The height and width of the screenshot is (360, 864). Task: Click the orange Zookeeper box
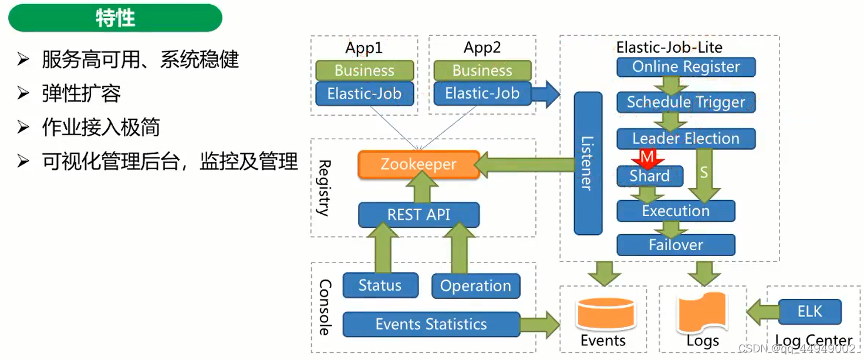pos(419,164)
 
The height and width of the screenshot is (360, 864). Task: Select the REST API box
pos(419,214)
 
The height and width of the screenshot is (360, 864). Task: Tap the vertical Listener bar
pos(588,163)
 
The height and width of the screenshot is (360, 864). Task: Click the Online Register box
pos(686,67)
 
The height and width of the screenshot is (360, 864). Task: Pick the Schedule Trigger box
pos(686,102)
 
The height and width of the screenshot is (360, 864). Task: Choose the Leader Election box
pos(686,139)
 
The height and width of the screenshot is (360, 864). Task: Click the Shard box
pos(650,176)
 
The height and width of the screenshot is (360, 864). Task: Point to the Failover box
pos(676,245)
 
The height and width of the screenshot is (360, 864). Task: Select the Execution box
pos(676,211)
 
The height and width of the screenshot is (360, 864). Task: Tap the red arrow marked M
pos(647,158)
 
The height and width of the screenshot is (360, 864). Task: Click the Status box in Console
pos(380,285)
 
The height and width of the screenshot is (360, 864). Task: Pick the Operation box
pos(475,286)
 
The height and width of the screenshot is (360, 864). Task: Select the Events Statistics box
pos(431,325)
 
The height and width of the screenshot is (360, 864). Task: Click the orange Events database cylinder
pos(605,314)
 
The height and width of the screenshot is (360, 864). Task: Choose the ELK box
pos(810,312)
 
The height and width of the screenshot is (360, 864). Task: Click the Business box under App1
pos(365,70)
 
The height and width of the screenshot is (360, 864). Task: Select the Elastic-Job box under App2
pos(482,93)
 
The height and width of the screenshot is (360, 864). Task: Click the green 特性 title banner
pos(115,18)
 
